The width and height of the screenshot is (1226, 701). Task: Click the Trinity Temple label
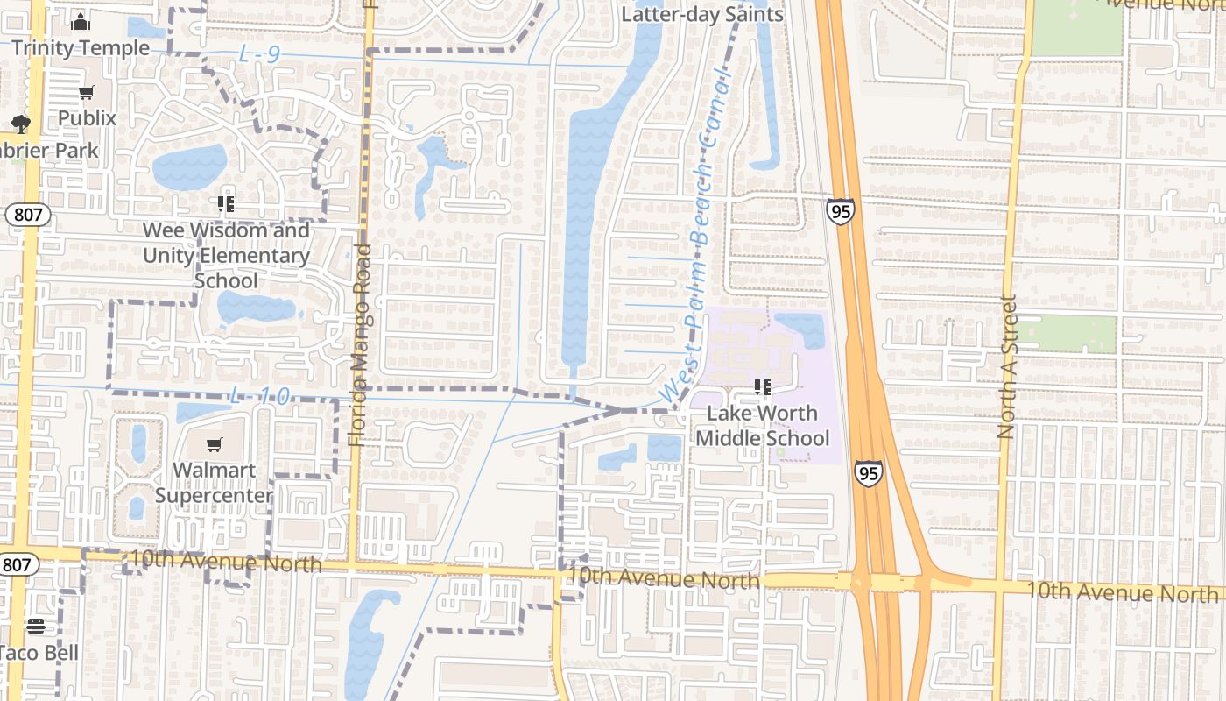pyautogui.click(x=81, y=48)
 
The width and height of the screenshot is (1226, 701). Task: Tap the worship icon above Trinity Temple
pyautogui.click(x=81, y=22)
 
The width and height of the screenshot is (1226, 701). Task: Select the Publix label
pyautogui.click(x=87, y=117)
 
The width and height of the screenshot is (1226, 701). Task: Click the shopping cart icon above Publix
pyautogui.click(x=86, y=93)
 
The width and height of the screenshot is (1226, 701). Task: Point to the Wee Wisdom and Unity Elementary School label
pyautogui.click(x=226, y=255)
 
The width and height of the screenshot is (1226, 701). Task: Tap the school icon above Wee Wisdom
pyautogui.click(x=226, y=204)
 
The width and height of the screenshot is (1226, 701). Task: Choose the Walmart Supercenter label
pyautogui.click(x=215, y=482)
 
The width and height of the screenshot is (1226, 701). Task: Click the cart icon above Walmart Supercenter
pyautogui.click(x=215, y=445)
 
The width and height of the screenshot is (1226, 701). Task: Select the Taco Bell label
pyautogui.click(x=37, y=653)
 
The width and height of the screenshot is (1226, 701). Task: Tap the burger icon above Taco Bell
pyautogui.click(x=35, y=627)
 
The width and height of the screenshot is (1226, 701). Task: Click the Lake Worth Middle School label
pyautogui.click(x=762, y=425)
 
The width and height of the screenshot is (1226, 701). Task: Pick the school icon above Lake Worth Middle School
pyautogui.click(x=762, y=386)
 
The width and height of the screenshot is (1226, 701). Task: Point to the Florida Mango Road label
pyautogui.click(x=359, y=346)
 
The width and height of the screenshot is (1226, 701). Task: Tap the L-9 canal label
pyautogui.click(x=259, y=55)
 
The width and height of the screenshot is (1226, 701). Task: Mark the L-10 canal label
pyautogui.click(x=259, y=396)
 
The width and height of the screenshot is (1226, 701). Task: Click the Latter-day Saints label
pyautogui.click(x=702, y=14)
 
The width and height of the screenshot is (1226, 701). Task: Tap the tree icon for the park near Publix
pyautogui.click(x=20, y=124)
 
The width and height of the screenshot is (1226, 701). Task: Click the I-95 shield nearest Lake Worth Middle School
pyautogui.click(x=869, y=474)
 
